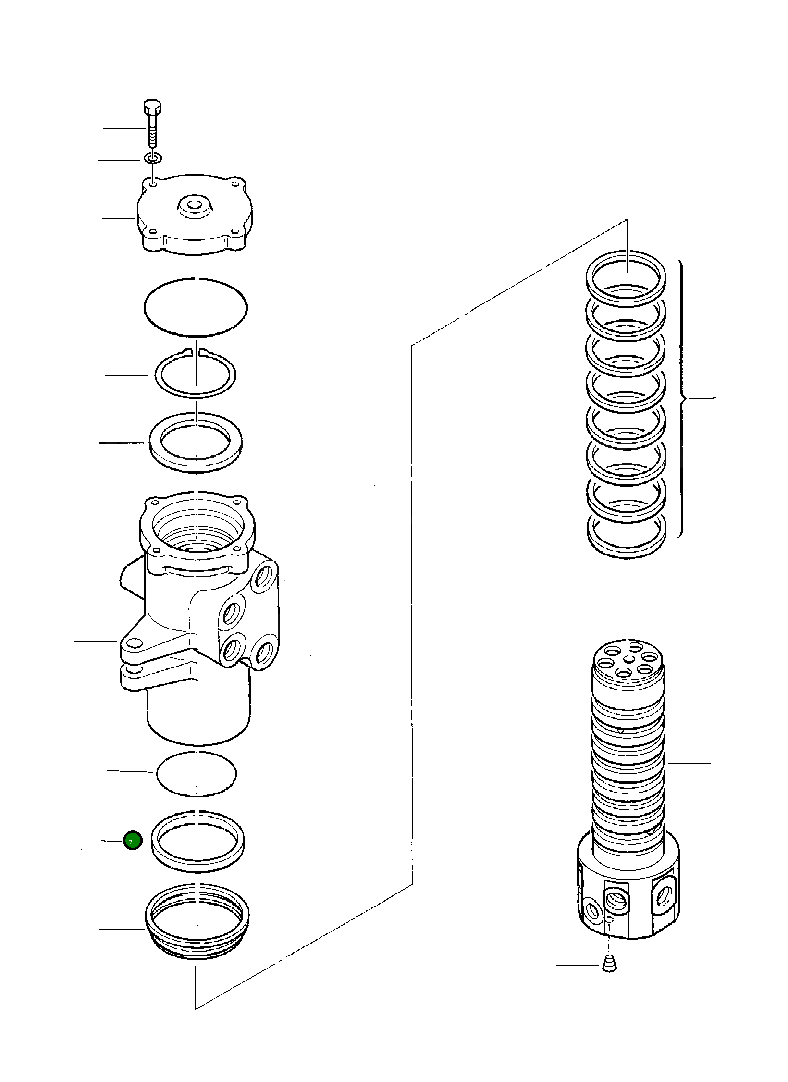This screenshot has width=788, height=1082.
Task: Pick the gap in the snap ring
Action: (197, 352)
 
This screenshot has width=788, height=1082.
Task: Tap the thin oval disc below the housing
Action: (196, 773)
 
